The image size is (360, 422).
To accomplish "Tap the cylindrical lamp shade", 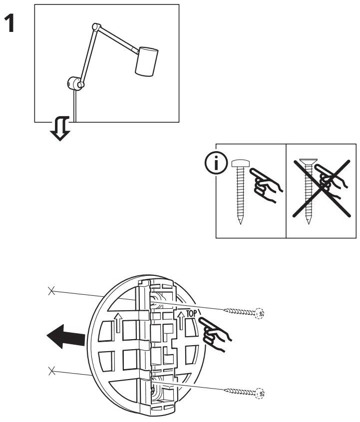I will click(146, 61).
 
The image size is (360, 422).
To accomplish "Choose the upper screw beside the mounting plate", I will click(244, 312).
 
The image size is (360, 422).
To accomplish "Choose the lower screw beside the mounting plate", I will click(244, 392).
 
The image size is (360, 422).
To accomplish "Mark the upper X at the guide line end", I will click(50, 291).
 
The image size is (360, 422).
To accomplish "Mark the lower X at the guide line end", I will click(50, 370).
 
